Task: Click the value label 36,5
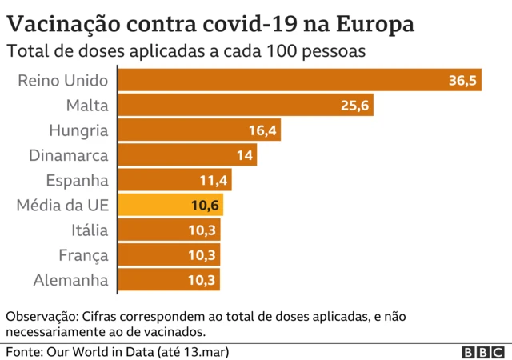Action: (462, 81)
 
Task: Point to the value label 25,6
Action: (354, 106)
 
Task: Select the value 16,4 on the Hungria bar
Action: (262, 130)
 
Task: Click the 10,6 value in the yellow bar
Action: (206, 206)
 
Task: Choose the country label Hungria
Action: (78, 130)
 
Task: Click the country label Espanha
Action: (76, 181)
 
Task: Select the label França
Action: (83, 255)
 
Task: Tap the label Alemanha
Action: (70, 280)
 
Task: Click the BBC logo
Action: (483, 352)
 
